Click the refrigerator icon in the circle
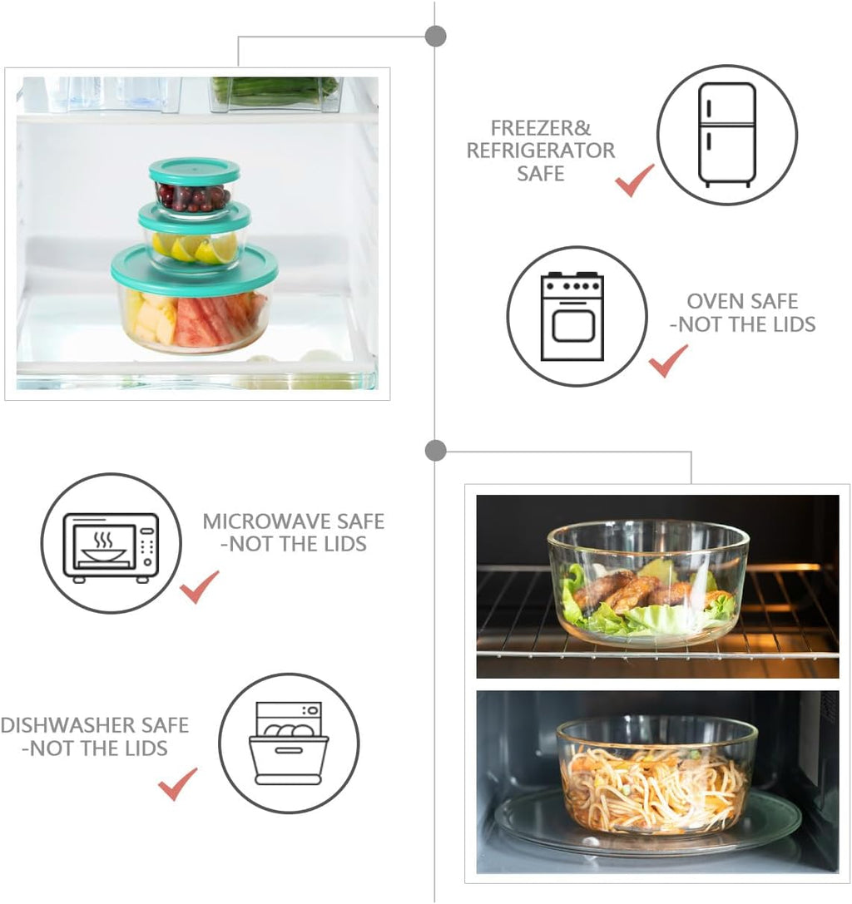pyautogui.click(x=726, y=134)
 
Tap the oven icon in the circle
pyautogui.click(x=572, y=316)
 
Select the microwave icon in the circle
pyautogui.click(x=111, y=546)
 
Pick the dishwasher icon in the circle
pyautogui.click(x=289, y=743)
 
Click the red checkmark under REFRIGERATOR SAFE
pyautogui.click(x=634, y=180)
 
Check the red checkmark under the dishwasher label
pyautogui.click(x=177, y=783)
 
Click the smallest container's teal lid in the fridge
pyautogui.click(x=195, y=171)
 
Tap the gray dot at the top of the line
pyautogui.click(x=435, y=36)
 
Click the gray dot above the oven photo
pyautogui.click(x=435, y=451)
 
